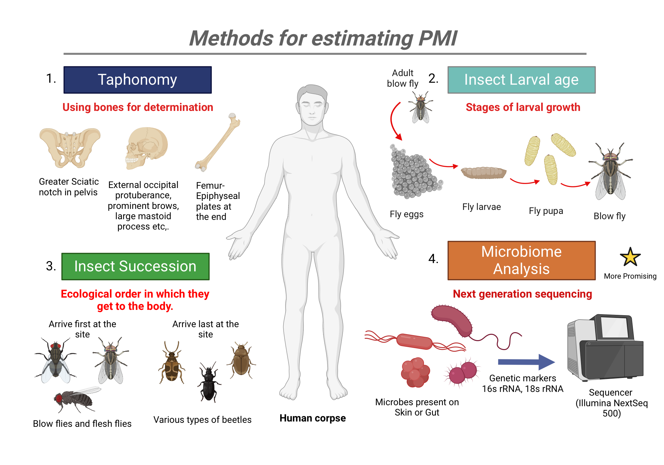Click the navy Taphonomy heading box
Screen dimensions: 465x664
tap(137, 80)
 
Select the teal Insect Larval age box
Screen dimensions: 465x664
tap(521, 80)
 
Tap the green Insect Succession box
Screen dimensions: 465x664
tap(135, 266)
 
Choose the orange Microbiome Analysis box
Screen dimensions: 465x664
tap(521, 260)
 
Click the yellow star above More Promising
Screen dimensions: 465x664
tap(630, 257)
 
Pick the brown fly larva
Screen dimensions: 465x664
tap(483, 172)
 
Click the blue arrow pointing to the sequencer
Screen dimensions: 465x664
tap(526, 362)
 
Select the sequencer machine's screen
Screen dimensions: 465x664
tap(615, 327)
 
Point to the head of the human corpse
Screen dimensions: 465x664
tap(312, 105)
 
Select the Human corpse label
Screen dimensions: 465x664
tap(312, 418)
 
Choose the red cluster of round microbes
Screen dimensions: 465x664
tap(415, 372)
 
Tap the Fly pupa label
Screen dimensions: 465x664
tap(546, 211)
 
